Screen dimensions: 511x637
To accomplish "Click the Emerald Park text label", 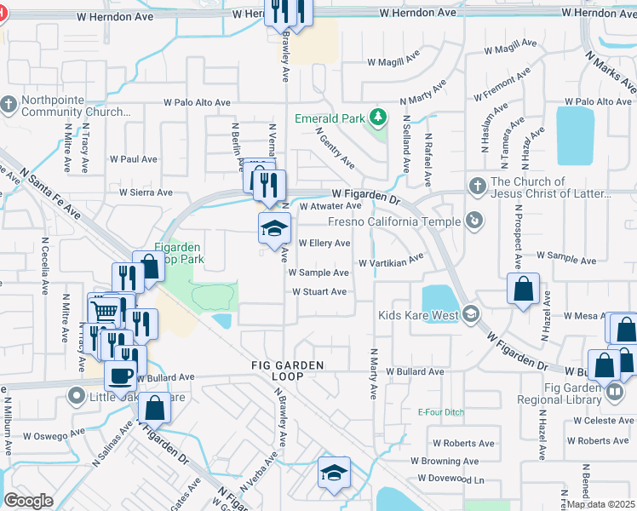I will tap(330, 118).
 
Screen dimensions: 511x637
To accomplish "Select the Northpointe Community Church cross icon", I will tap(9, 104).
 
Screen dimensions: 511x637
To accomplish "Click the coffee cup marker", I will tap(120, 374).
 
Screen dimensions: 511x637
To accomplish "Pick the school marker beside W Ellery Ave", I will tap(274, 228).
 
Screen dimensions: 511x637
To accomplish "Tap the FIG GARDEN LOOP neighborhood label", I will tap(287, 370).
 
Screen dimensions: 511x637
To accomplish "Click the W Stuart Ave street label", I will tap(319, 292).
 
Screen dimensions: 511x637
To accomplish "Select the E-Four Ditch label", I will tap(440, 413).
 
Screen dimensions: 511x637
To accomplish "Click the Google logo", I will tap(28, 500).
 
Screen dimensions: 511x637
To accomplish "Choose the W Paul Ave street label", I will tap(134, 159).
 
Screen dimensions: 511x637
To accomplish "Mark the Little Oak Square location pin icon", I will tap(77, 396).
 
